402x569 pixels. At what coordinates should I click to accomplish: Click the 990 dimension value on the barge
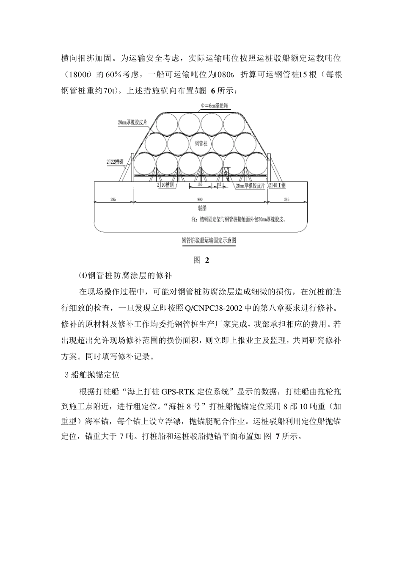[x=200, y=199]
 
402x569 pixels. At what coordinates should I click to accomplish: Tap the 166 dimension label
[x=200, y=185]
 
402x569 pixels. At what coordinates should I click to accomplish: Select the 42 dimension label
[x=219, y=185]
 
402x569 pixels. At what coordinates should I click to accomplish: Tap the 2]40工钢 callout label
[x=277, y=185]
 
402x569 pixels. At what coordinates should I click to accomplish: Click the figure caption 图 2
[x=201, y=260]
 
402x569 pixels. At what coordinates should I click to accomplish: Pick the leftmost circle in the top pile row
[x=165, y=123]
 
